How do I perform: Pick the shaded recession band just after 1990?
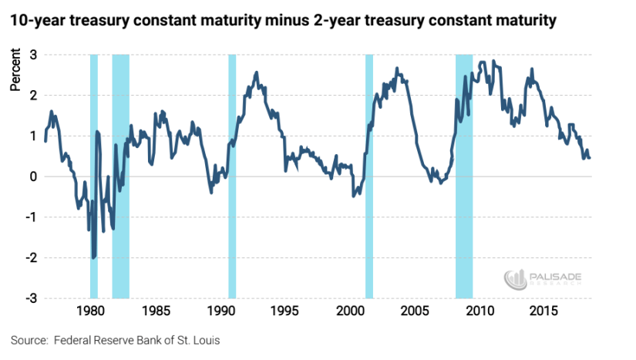pyautogui.click(x=232, y=177)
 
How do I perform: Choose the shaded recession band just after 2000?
pyautogui.click(x=368, y=177)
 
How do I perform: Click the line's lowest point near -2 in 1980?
pyautogui.click(x=94, y=258)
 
